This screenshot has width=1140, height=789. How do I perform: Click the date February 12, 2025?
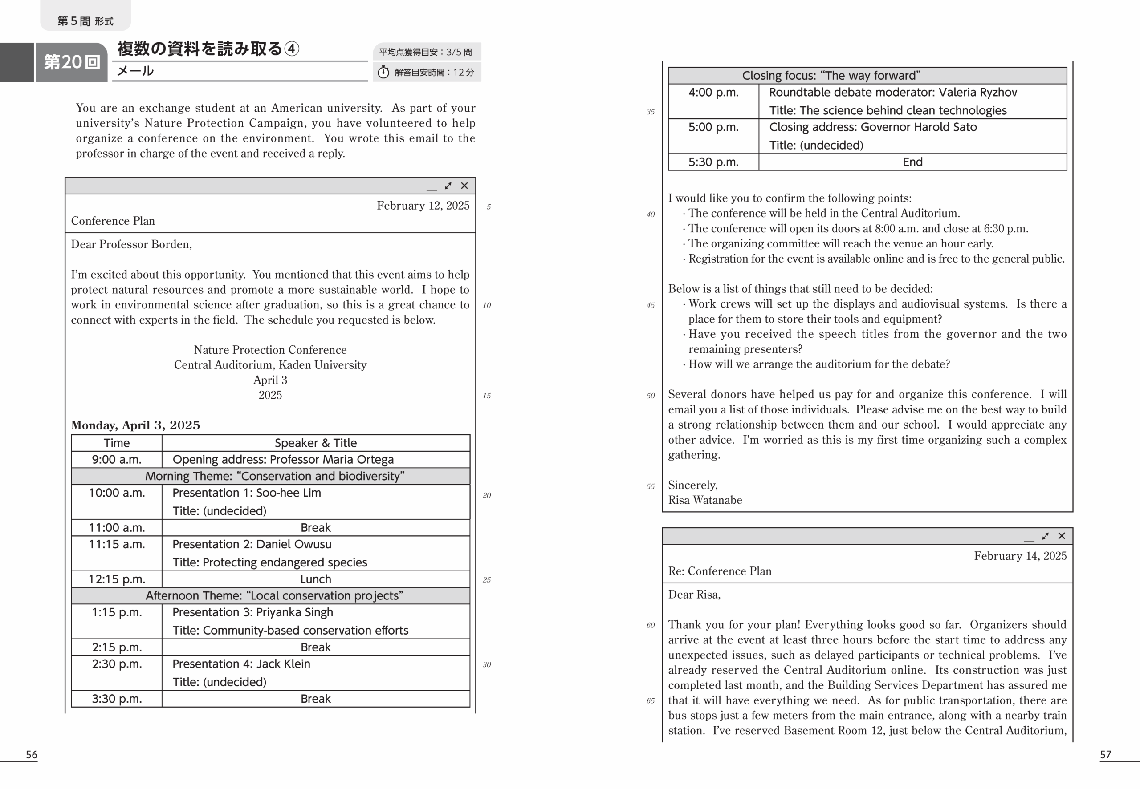[x=423, y=206]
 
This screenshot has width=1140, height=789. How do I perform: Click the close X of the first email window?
[x=464, y=186]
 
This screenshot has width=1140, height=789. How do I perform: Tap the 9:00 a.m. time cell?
[x=117, y=460]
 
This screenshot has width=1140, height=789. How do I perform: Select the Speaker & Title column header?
[x=316, y=443]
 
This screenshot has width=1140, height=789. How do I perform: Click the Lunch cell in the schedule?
[x=316, y=579]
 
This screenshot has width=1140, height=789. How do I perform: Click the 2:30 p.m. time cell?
[x=117, y=664]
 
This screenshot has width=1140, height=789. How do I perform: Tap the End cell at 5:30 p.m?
[x=912, y=162]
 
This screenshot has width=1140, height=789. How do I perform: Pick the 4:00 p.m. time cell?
[x=713, y=93]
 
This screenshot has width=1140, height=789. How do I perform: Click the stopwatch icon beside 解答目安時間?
[x=383, y=72]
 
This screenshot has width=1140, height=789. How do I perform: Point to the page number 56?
[x=32, y=754]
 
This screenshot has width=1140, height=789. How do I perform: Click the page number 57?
[x=1105, y=754]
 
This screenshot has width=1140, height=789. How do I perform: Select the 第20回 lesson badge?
[x=72, y=62]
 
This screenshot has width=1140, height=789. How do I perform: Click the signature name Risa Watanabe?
[x=705, y=500]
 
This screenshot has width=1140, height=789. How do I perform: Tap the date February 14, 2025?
[x=1020, y=556]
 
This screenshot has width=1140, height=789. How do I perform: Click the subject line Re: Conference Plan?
[x=720, y=571]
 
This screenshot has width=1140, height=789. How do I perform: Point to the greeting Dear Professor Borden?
[x=131, y=244]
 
